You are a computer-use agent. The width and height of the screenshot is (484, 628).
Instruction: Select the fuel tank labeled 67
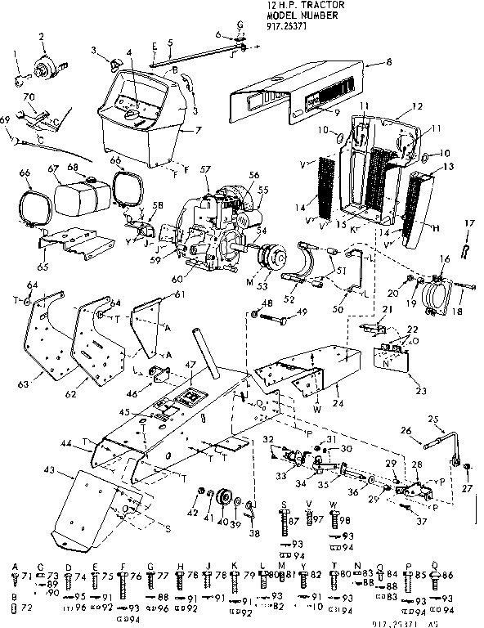[x=74, y=197]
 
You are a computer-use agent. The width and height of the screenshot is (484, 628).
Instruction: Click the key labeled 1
[x=20, y=80]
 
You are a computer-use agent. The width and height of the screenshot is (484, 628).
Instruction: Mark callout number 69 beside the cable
[x=6, y=120]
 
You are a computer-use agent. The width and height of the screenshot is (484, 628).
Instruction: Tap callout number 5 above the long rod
[x=169, y=42]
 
